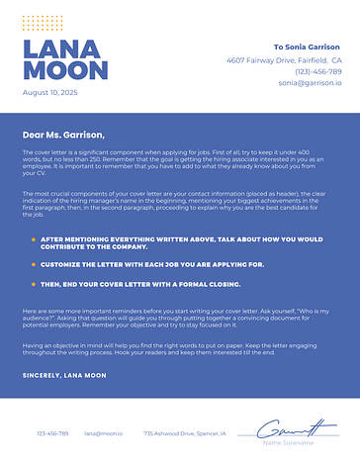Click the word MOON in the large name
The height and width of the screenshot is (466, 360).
64,71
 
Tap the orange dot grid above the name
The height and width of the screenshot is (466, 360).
42,22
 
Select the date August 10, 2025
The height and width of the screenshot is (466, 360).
49,92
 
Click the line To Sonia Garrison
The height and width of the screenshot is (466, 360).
307,47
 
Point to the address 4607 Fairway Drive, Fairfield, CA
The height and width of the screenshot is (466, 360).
284,59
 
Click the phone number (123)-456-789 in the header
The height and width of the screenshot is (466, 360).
317,71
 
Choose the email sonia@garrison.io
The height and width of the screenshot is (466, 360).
310,83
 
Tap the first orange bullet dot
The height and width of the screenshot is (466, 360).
33,239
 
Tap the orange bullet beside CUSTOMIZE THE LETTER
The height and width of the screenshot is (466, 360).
33,265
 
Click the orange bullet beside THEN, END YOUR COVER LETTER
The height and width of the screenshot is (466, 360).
33,284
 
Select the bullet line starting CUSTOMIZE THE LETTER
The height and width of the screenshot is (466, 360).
138,265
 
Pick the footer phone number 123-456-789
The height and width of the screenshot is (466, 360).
53,433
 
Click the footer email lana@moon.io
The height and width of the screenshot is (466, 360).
103,433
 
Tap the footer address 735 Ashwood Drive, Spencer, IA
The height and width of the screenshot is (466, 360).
184,433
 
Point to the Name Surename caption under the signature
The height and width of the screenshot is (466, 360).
288,443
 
